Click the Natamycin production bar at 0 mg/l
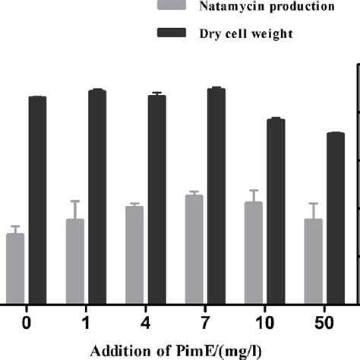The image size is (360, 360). (x=15, y=268)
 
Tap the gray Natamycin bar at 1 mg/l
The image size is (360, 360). (x=75, y=261)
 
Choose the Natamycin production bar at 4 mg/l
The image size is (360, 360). (x=134, y=254)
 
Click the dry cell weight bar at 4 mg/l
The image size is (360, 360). (x=156, y=199)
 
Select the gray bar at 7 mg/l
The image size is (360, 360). (x=194, y=249)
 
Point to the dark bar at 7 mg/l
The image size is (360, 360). (x=216, y=195)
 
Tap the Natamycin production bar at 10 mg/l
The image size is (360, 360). (x=254, y=253)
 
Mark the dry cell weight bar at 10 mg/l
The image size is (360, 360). (x=276, y=210)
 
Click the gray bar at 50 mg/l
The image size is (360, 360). (x=313, y=261)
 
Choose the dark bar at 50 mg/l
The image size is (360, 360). (x=336, y=218)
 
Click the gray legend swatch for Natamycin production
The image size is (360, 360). (x=173, y=7)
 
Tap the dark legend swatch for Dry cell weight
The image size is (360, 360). (x=173, y=33)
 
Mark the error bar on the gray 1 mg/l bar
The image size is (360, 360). (x=75, y=210)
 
